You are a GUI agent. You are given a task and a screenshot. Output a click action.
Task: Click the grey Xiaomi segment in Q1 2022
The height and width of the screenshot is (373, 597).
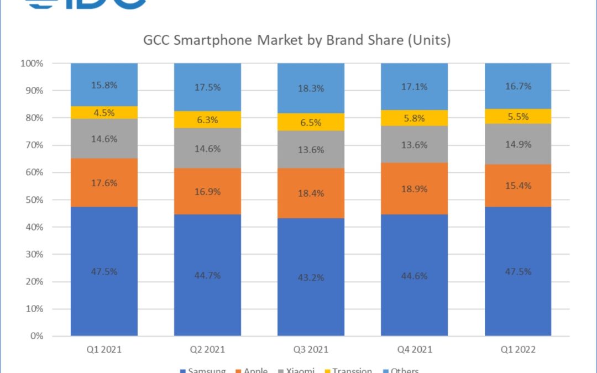click(518, 144)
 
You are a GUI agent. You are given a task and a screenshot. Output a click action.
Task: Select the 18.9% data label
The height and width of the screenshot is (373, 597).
click(415, 189)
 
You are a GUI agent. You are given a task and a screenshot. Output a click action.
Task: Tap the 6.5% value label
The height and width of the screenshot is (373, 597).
click(311, 122)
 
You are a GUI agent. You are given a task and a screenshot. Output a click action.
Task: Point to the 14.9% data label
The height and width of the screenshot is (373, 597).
click(519, 144)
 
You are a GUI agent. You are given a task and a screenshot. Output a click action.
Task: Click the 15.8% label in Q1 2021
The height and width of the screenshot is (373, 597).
click(104, 85)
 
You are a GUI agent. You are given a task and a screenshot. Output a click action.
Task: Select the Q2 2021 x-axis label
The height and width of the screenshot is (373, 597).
click(207, 349)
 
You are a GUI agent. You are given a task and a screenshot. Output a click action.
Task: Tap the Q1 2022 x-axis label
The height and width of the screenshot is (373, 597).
click(518, 349)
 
